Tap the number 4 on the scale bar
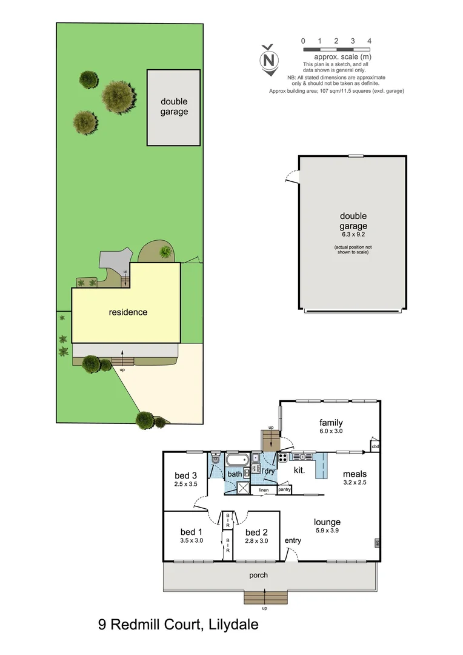(369, 41)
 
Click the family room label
(331, 423)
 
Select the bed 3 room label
(185, 475)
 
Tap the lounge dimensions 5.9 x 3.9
(327, 531)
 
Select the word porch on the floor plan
(258, 575)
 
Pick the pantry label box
(284, 489)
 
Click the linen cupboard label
(264, 490)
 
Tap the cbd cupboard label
(375, 448)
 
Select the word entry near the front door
(293, 540)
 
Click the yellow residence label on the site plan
(128, 312)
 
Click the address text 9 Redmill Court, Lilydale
(178, 624)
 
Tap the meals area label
(355, 474)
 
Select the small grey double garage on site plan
(173, 107)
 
